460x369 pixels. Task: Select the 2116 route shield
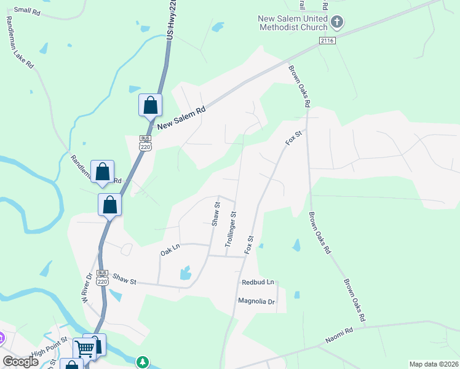[x=327, y=40]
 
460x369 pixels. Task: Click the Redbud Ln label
[x=256, y=282]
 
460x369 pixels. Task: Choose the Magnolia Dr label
[x=256, y=301]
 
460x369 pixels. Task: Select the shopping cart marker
[x=85, y=348]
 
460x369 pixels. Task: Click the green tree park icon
[x=143, y=361]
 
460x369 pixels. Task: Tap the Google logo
[x=20, y=362]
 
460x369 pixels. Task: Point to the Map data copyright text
[x=434, y=364]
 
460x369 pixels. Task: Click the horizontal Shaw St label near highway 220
[x=124, y=280]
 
